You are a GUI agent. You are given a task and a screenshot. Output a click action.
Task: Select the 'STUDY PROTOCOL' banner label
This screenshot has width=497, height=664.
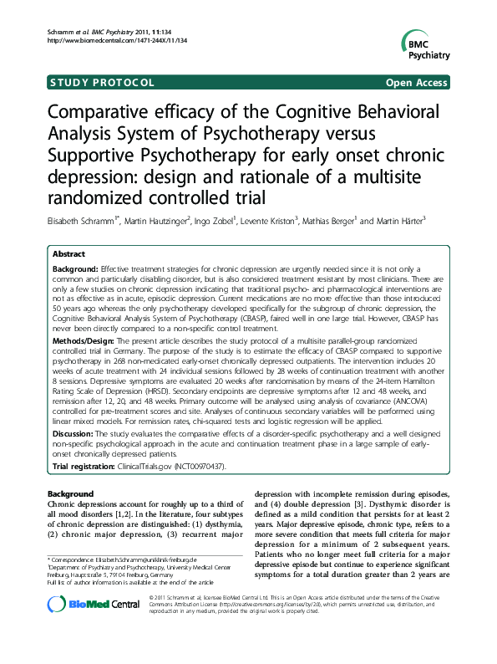pyautogui.click(x=102, y=83)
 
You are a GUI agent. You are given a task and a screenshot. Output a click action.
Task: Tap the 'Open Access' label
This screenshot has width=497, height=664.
pyautogui.click(x=417, y=83)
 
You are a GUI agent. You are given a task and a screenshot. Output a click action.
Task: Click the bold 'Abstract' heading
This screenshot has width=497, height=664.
pyautogui.click(x=68, y=253)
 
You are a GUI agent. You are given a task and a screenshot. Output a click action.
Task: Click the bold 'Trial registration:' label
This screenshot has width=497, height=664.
pyautogui.click(x=85, y=465)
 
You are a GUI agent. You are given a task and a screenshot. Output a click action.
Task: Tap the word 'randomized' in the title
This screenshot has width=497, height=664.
pyautogui.click(x=99, y=198)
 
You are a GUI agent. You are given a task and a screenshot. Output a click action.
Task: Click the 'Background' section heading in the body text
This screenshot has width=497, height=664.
pyautogui.click(x=71, y=494)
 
